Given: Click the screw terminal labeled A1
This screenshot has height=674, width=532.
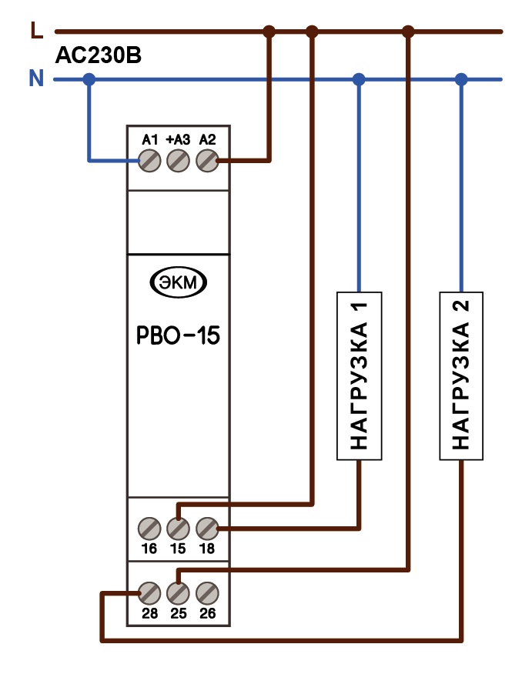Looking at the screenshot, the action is click(149, 161).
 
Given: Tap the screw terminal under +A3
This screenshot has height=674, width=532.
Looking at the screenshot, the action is click(178, 161).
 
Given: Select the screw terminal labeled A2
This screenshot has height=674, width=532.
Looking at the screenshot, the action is click(207, 161).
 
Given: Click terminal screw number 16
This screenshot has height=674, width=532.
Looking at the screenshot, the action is click(149, 529).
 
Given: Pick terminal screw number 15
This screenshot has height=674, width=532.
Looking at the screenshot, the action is click(178, 529).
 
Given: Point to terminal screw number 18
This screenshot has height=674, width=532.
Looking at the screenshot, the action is click(207, 529).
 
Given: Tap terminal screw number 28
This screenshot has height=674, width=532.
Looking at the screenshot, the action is click(149, 594).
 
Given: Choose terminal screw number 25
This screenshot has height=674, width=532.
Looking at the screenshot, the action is click(178, 594).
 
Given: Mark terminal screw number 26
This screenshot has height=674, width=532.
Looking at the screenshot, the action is click(207, 594).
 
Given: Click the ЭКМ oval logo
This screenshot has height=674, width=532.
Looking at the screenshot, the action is click(178, 282).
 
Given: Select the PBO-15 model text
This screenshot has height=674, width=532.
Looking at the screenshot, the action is click(178, 335).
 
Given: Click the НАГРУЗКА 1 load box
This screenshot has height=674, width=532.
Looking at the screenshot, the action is click(359, 376).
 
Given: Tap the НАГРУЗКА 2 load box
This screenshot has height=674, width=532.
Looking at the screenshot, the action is click(461, 376).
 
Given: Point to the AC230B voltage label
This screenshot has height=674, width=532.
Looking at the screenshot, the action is click(99, 55).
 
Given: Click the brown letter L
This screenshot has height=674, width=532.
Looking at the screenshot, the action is click(37, 30).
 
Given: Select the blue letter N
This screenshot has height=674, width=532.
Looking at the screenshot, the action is click(36, 78).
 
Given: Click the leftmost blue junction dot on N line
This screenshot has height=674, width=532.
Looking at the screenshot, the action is click(89, 79).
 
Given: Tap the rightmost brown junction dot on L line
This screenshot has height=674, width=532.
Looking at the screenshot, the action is click(408, 32).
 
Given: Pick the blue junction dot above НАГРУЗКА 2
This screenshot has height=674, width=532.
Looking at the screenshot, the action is click(461, 79).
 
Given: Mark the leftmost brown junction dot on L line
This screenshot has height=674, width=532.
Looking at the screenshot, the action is click(269, 32).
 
